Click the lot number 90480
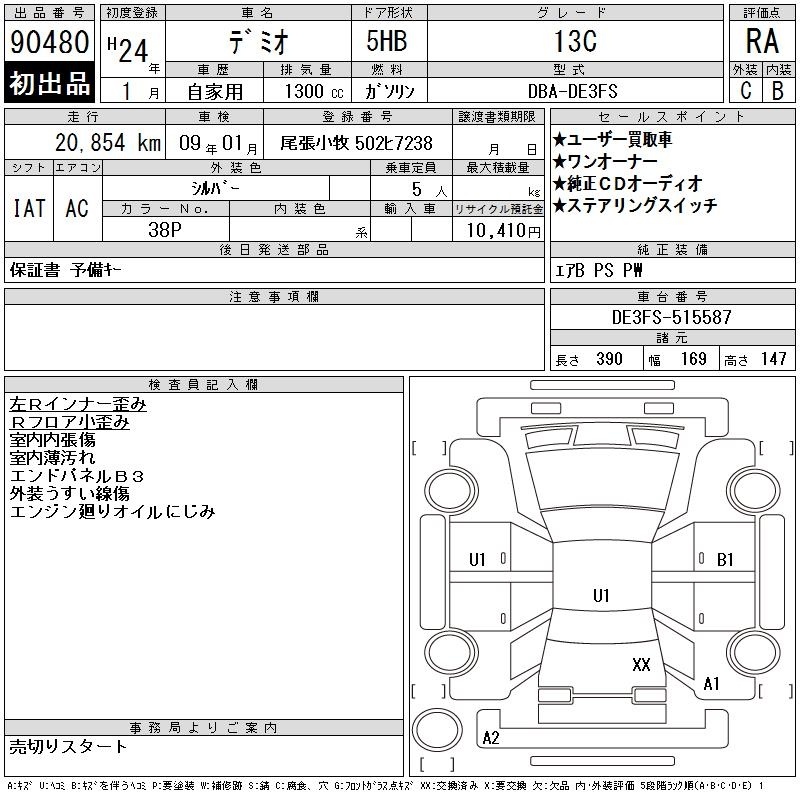tap(49, 42)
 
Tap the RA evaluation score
tap(762, 41)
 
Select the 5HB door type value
tap(387, 41)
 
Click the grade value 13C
tap(576, 41)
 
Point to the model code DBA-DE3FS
tap(572, 91)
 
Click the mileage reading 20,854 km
tap(108, 143)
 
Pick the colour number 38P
tap(165, 230)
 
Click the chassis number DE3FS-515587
tap(671, 317)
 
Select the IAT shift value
tap(29, 208)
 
